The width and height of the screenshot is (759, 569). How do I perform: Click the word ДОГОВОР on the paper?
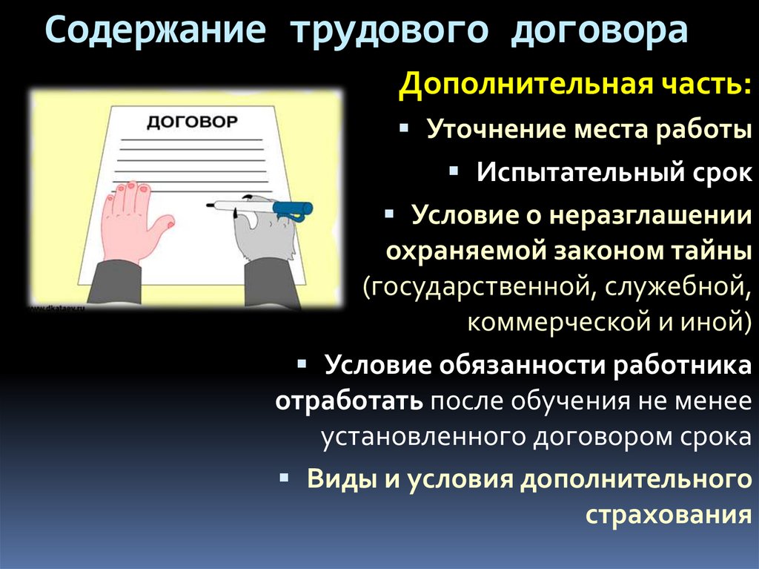pyautogui.click(x=192, y=121)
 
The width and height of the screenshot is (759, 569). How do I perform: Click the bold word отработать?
pyautogui.click(x=349, y=401)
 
